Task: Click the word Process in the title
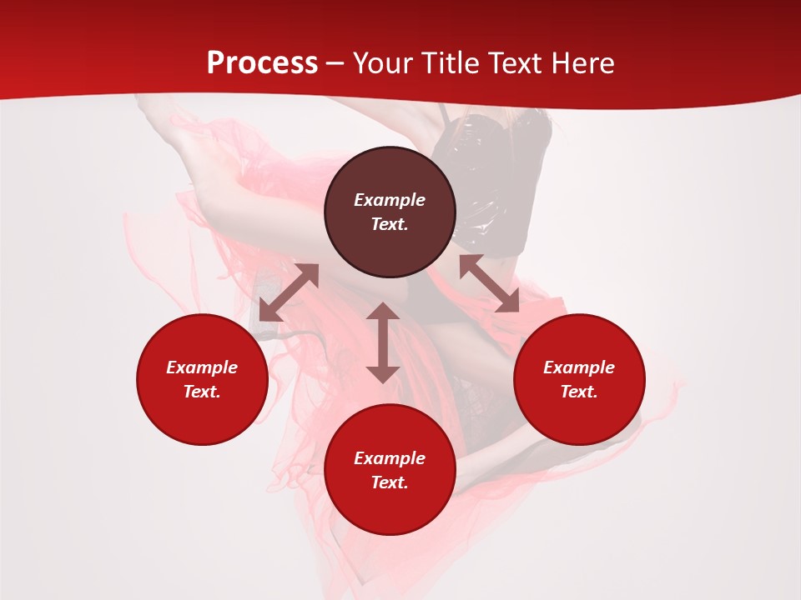point(262,63)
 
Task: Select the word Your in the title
point(381,63)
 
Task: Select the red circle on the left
point(202,417)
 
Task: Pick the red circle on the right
point(579,417)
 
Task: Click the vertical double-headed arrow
point(383,342)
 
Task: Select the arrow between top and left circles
point(289,292)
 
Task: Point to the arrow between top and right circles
point(489,283)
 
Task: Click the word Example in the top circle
point(390,200)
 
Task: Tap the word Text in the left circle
point(202,392)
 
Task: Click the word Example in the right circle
point(579,367)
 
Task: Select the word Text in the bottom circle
point(390,482)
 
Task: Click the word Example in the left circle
point(202,367)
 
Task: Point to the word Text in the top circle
point(390,224)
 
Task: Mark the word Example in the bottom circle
point(390,458)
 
